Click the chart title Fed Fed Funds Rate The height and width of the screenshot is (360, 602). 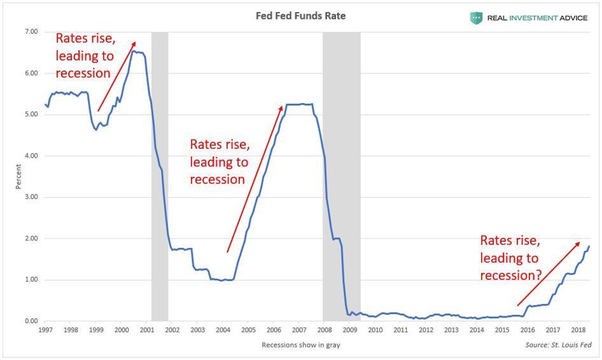pos(300,16)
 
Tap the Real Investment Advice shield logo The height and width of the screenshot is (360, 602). pos(476,18)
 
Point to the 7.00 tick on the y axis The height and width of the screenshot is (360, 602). pos(31,32)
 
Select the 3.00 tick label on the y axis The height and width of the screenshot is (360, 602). pos(31,197)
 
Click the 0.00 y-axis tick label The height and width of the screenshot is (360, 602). pos(31,321)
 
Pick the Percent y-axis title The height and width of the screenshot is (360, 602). pos(18,177)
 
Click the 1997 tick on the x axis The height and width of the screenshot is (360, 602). pos(45,331)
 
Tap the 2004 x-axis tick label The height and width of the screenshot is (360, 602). pos(223,331)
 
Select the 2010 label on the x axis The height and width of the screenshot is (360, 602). pos(375,331)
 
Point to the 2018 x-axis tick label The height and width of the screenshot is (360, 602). pos(578,331)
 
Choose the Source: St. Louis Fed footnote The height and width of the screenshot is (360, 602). pos(558,345)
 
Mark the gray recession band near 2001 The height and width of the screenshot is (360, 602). pos(160,178)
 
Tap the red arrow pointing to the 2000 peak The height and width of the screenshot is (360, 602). pos(116,76)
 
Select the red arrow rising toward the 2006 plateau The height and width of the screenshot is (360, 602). pos(255,179)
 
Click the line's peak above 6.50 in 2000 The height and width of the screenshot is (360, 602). pos(133,51)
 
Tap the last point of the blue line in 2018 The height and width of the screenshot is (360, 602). pos(589,246)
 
